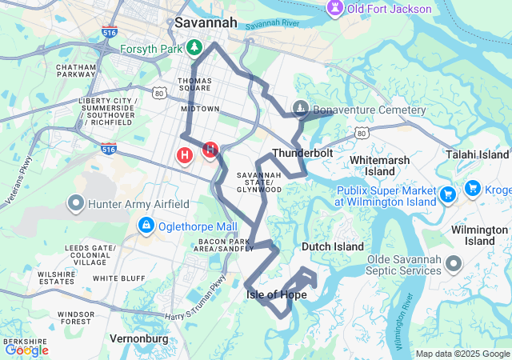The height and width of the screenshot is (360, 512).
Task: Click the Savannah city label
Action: click(x=206, y=22)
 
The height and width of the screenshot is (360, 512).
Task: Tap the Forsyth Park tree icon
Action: click(x=194, y=50)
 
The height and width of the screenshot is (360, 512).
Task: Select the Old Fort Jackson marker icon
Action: click(x=334, y=9)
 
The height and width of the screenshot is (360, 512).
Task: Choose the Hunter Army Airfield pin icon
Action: click(x=78, y=204)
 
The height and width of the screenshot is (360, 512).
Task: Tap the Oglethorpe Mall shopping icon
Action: click(x=146, y=226)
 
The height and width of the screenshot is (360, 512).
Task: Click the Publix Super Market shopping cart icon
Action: click(x=447, y=193)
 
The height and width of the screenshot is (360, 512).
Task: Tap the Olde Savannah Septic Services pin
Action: click(x=454, y=263)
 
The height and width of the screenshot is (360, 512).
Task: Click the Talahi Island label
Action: click(x=478, y=154)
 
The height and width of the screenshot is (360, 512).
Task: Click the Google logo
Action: click(x=26, y=350)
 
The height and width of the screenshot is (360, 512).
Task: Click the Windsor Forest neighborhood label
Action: click(x=76, y=318)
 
